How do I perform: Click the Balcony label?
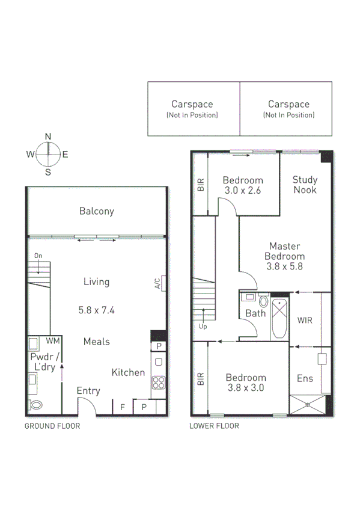point(96,211)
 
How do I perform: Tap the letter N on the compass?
point(47,136)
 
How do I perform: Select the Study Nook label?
point(305,185)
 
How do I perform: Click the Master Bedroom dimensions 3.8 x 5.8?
point(285,266)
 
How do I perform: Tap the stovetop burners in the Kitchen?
point(158,382)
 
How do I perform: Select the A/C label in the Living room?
point(158,283)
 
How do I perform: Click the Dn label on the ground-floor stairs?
point(38,256)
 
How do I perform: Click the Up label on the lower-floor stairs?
point(202,327)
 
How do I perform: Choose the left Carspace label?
point(192,105)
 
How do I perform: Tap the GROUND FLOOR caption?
point(52,426)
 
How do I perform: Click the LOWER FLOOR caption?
point(214,426)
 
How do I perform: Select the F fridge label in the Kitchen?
point(123,407)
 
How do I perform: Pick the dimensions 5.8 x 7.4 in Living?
point(96,310)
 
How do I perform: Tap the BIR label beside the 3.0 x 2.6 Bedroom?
point(201,184)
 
